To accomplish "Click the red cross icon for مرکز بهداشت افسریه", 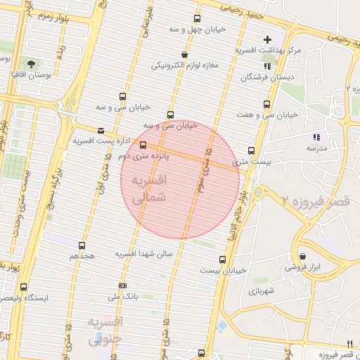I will [266, 39].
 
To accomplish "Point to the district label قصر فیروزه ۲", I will [314, 201].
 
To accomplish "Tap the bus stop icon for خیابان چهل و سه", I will [195, 19].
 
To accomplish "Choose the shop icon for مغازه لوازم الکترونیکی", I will [184, 55].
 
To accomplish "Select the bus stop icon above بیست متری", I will [251, 150].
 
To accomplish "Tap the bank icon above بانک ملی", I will [123, 285].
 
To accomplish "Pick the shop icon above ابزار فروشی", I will [302, 257].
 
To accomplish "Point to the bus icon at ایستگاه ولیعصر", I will [24, 287].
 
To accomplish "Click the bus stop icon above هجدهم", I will [82, 246].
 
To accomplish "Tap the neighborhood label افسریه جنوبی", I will [106, 330].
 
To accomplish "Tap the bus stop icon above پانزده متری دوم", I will [143, 146].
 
